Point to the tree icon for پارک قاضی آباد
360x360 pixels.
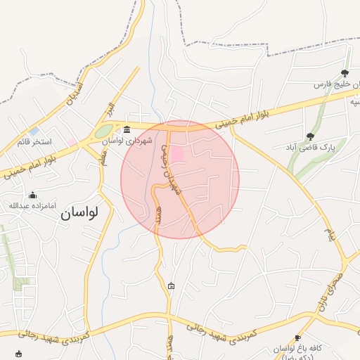tap(310, 136)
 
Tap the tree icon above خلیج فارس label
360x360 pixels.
tap(345, 73)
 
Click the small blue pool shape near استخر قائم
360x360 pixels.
tap(34, 131)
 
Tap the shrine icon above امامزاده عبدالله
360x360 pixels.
tap(32, 195)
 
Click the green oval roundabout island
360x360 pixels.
tap(103, 131)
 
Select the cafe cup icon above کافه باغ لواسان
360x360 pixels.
tap(297, 337)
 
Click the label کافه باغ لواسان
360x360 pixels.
tap(297, 349)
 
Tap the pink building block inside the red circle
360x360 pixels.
tap(178, 153)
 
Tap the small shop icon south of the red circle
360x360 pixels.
tap(172, 285)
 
